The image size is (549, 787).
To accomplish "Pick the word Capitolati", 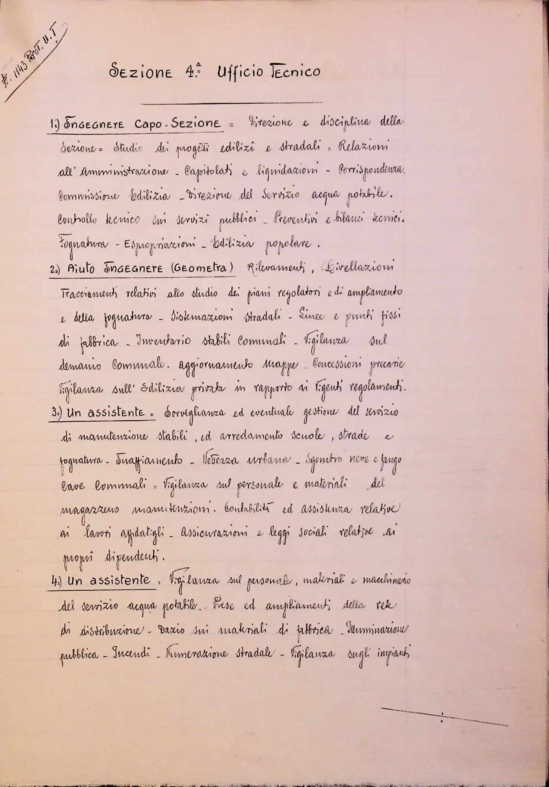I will (211, 172).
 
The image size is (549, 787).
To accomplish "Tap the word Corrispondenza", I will (371, 172).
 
